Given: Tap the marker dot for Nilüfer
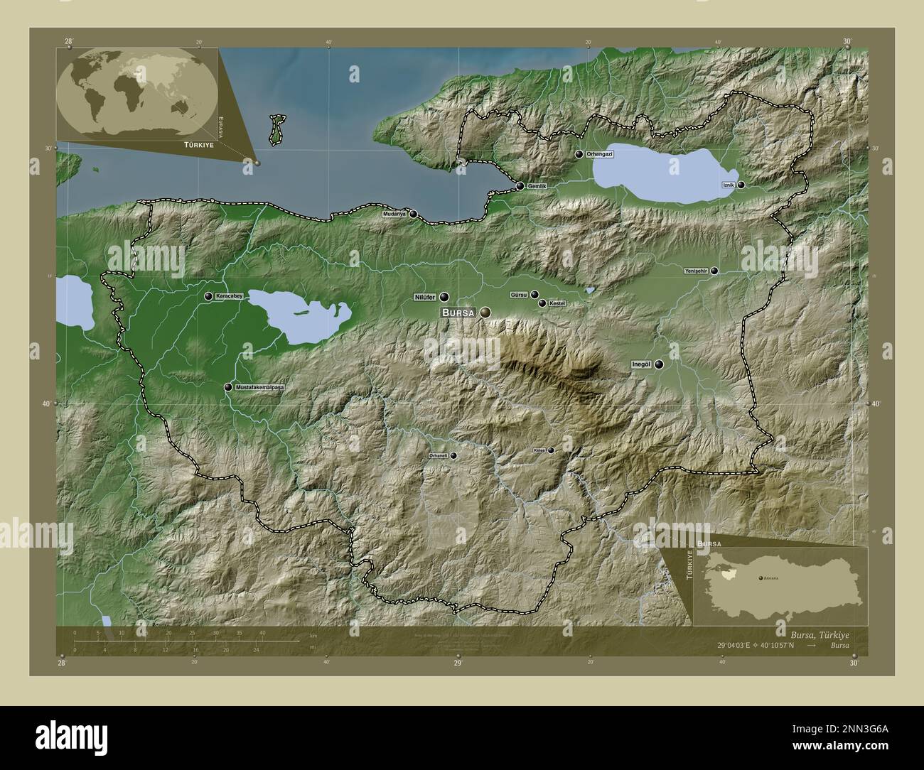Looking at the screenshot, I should point(444,297).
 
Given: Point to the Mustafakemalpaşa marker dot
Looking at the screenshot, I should point(228,387).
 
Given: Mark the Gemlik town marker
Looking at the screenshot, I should point(520,186).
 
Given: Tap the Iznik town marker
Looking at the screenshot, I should point(741,185).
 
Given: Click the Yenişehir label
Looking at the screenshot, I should point(695,271).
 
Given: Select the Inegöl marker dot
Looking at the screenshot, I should point(660,364).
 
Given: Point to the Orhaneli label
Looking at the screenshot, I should point(439,455).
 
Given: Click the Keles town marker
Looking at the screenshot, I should point(550,450).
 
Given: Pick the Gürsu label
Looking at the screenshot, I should point(519,294).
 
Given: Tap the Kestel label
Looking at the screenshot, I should point(557,303).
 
